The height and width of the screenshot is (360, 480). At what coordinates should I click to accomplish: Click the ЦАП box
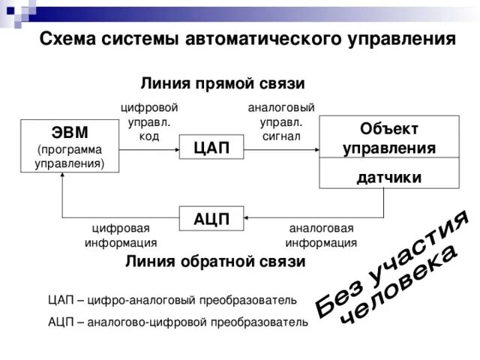click(211, 147)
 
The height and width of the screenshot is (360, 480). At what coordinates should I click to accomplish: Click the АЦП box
click(211, 219)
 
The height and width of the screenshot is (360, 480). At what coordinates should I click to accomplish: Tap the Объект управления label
click(388, 138)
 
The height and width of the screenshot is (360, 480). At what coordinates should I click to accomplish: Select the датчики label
click(388, 177)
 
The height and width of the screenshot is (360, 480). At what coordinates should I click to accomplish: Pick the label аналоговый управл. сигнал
click(281, 121)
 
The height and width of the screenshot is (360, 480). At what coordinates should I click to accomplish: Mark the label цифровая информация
click(121, 235)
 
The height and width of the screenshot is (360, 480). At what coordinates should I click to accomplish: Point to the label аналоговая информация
click(321, 235)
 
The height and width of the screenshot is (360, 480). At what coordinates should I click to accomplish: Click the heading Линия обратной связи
click(215, 262)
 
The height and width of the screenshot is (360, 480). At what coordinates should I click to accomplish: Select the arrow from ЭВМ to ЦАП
click(150, 148)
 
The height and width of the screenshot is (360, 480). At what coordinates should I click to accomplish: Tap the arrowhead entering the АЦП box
click(247, 219)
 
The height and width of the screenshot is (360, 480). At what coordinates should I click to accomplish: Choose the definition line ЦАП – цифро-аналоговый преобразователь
click(172, 300)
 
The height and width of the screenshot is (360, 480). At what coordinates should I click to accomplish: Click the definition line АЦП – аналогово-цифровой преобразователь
click(177, 322)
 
